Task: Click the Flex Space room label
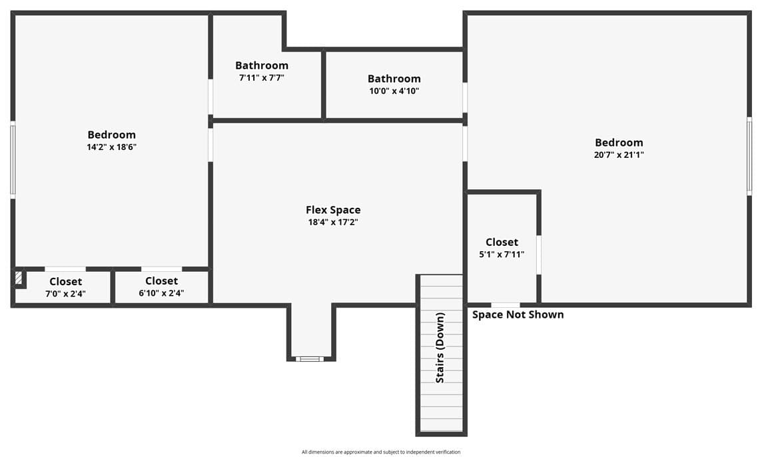tap(333, 210)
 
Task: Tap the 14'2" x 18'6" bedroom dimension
tap(112, 147)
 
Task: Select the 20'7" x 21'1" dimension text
tap(619, 155)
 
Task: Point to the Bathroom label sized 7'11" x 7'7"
tap(262, 66)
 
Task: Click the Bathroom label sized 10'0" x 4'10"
tap(394, 79)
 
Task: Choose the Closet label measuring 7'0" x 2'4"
tap(65, 282)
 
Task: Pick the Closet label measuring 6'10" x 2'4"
tap(161, 281)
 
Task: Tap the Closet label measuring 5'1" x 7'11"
tap(502, 242)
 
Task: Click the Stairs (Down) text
tap(440, 348)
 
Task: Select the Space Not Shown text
tap(518, 314)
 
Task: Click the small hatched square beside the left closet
tap(19, 278)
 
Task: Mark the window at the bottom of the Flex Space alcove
tap(310, 359)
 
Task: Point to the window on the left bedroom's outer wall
tap(13, 160)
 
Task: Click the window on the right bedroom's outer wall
tap(749, 156)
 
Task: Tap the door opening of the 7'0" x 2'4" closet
tap(65, 269)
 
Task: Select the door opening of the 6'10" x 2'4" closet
tap(161, 269)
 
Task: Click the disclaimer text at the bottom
tap(381, 452)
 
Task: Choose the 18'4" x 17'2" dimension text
tap(333, 223)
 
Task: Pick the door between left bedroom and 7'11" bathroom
tap(210, 97)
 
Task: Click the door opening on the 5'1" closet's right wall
tap(538, 254)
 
